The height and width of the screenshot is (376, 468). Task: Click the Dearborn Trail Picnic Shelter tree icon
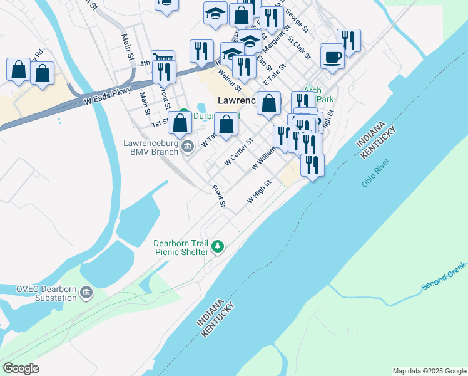coord(218,246)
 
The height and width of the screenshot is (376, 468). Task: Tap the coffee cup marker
coord(332,57)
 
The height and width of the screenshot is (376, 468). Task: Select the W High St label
coord(258,191)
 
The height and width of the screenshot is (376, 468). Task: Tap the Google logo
coord(21,368)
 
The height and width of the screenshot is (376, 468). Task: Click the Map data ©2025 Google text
coord(429,371)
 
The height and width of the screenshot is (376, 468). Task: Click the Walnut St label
coord(226,79)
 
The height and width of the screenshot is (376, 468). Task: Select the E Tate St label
coord(274,75)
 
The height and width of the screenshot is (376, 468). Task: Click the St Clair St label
coord(299,48)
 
